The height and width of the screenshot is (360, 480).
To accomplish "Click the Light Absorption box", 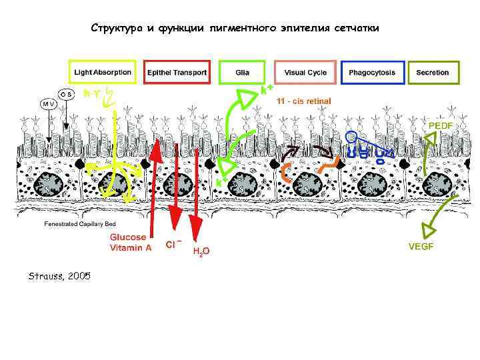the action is pos(103,72).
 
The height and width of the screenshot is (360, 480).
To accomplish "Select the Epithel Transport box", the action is pos(177,72).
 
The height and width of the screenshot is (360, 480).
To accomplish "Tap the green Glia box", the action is pos(242,72).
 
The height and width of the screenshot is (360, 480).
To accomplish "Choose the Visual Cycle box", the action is pos(305,72).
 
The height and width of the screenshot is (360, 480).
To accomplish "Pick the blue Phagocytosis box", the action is pos(372,72).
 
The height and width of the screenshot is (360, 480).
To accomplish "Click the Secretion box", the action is pos(433,72).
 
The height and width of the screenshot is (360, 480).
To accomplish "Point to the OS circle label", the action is pos(67,94).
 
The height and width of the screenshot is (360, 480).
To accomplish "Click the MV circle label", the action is pos(49,104).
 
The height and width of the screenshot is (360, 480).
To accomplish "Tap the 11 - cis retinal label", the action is pos(303,101).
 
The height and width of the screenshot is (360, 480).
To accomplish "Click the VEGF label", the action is pos(421,246).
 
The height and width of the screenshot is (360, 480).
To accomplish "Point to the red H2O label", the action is pos(201,251).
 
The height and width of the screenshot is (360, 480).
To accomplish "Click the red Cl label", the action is pos(172,245).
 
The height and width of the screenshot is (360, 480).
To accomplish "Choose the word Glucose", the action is pos(129,237).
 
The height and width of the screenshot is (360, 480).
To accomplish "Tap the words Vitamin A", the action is pos(131,247).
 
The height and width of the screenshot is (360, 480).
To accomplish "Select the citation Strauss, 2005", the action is pos(59,275).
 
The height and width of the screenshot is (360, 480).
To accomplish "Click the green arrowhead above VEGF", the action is pos(427,230).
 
